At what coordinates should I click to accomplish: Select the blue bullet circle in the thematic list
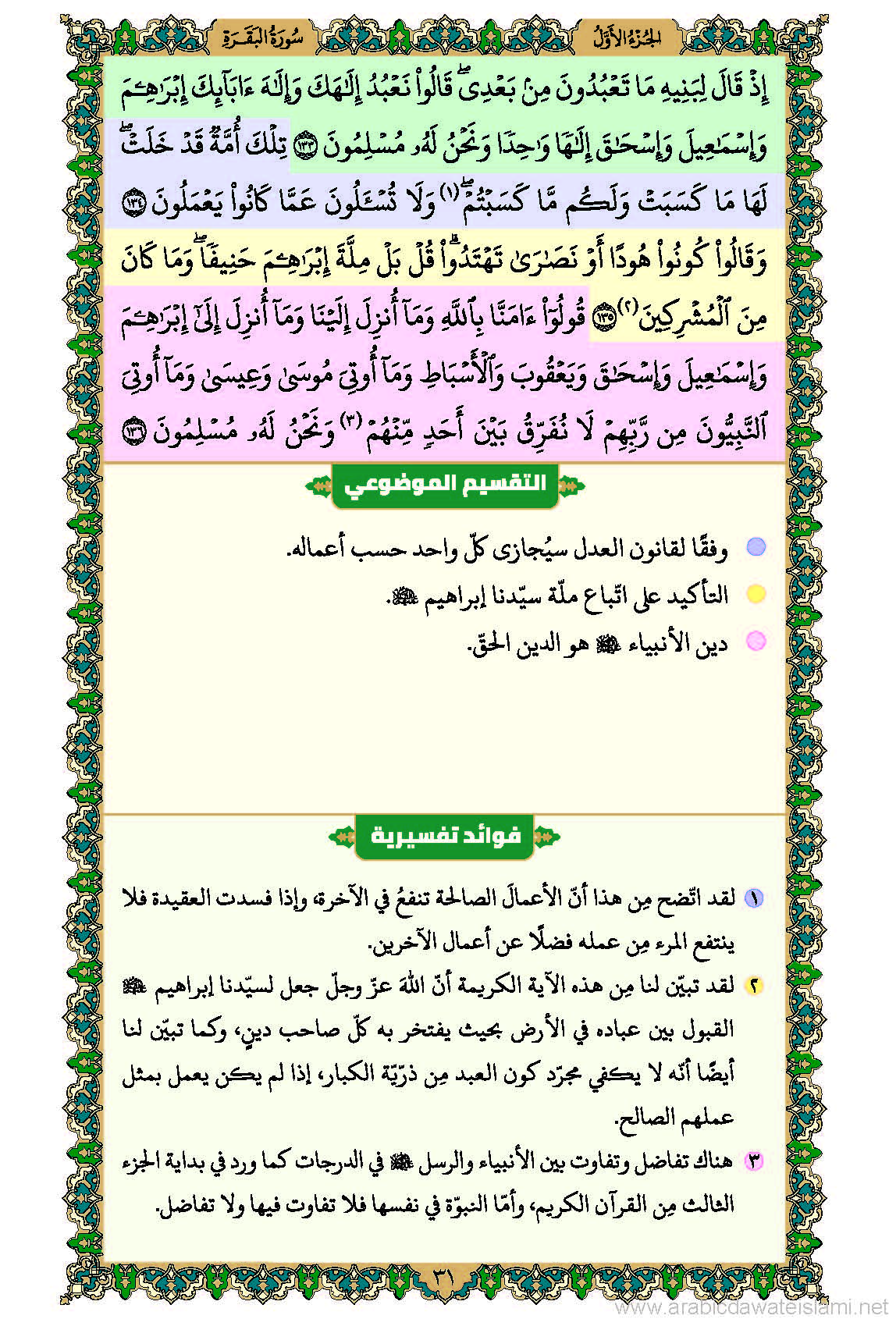click(x=755, y=547)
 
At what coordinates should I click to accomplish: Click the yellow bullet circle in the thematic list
click(x=755, y=594)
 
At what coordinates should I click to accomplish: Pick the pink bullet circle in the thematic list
click(x=755, y=641)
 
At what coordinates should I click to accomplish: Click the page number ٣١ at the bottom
click(x=443, y=1278)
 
